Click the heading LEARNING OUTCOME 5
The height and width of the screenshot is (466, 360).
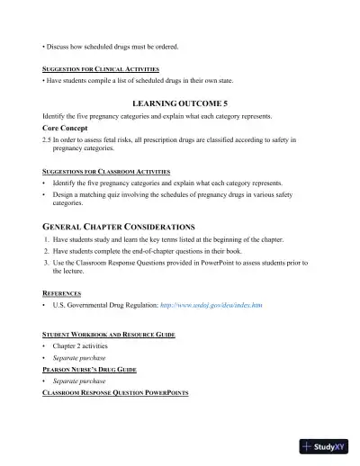[180, 103]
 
